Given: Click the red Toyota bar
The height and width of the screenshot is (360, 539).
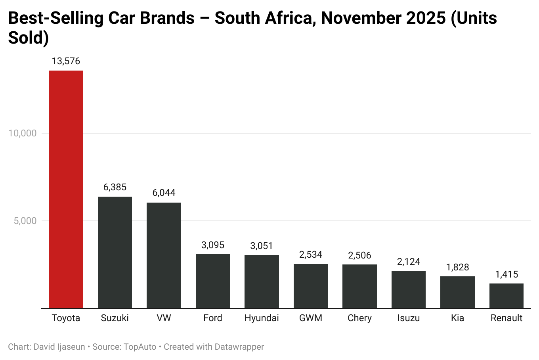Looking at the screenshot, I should coord(66,189).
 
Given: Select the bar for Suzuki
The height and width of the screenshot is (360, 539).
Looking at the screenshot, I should coord(115,252).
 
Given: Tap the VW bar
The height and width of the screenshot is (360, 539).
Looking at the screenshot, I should coord(164,255).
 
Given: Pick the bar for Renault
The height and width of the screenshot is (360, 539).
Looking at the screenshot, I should coord(507,296).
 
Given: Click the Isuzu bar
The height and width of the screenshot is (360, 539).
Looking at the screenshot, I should coord(409,289).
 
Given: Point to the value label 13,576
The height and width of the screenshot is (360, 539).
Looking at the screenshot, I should coord(66,61).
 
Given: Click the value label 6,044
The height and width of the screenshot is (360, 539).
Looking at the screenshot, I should coord(164,193).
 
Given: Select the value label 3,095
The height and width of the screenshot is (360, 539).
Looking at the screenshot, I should coord(213,245).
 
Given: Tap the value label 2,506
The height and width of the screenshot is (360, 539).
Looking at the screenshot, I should coord(359,255).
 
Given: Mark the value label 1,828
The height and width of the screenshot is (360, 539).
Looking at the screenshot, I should coord(457,267).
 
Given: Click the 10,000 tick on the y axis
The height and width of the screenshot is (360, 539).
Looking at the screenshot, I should coord(23,133).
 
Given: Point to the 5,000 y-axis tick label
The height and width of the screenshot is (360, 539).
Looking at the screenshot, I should coord(25,221).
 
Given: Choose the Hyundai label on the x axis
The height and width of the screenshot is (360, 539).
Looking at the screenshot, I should coord(262,318).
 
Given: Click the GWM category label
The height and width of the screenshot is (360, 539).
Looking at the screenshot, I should coord(311,318).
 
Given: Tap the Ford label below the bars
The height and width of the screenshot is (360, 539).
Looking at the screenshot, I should coord(213,318).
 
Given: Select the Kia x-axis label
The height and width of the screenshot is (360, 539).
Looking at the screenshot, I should coord(457,318).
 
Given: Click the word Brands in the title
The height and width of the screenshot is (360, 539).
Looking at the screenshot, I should coord(168,18).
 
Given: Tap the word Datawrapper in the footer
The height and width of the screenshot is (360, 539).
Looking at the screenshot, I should coord(239,347).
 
